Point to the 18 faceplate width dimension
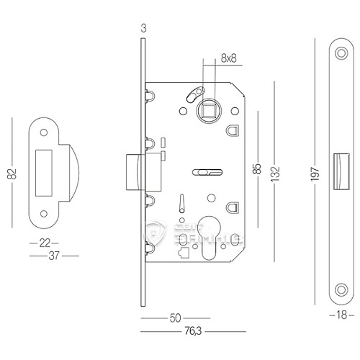pos(341,315)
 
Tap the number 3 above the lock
pos(144,29)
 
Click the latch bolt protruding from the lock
pos(133,171)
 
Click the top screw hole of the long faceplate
pos(341,52)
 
